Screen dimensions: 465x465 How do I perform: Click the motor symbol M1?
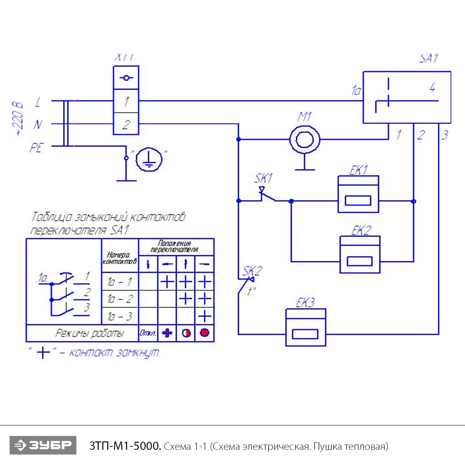(x=305, y=139)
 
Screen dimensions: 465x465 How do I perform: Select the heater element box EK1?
(x=358, y=194)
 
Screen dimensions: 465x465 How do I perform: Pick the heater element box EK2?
(x=360, y=255)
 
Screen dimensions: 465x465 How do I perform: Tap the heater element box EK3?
(x=305, y=327)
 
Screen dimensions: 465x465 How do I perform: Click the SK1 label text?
(x=263, y=178)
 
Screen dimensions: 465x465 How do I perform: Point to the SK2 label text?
(x=252, y=271)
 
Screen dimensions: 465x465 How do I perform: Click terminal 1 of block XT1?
(x=126, y=101)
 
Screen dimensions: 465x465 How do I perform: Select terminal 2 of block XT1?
(x=126, y=124)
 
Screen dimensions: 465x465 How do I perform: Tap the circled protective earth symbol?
(x=149, y=159)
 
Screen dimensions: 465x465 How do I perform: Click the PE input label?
(x=36, y=148)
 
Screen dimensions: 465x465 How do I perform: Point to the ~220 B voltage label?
(x=18, y=119)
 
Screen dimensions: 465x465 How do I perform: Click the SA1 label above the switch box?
(x=429, y=58)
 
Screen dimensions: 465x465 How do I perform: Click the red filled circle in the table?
(x=205, y=333)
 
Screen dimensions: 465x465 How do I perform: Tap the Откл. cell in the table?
(x=148, y=333)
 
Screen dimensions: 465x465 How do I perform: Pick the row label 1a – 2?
(x=120, y=299)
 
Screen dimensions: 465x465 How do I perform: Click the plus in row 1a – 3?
(x=205, y=316)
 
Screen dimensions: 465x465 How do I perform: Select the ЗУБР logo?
(x=43, y=445)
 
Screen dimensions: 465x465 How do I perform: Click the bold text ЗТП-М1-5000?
(x=125, y=446)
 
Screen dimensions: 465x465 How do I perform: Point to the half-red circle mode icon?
(x=186, y=333)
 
